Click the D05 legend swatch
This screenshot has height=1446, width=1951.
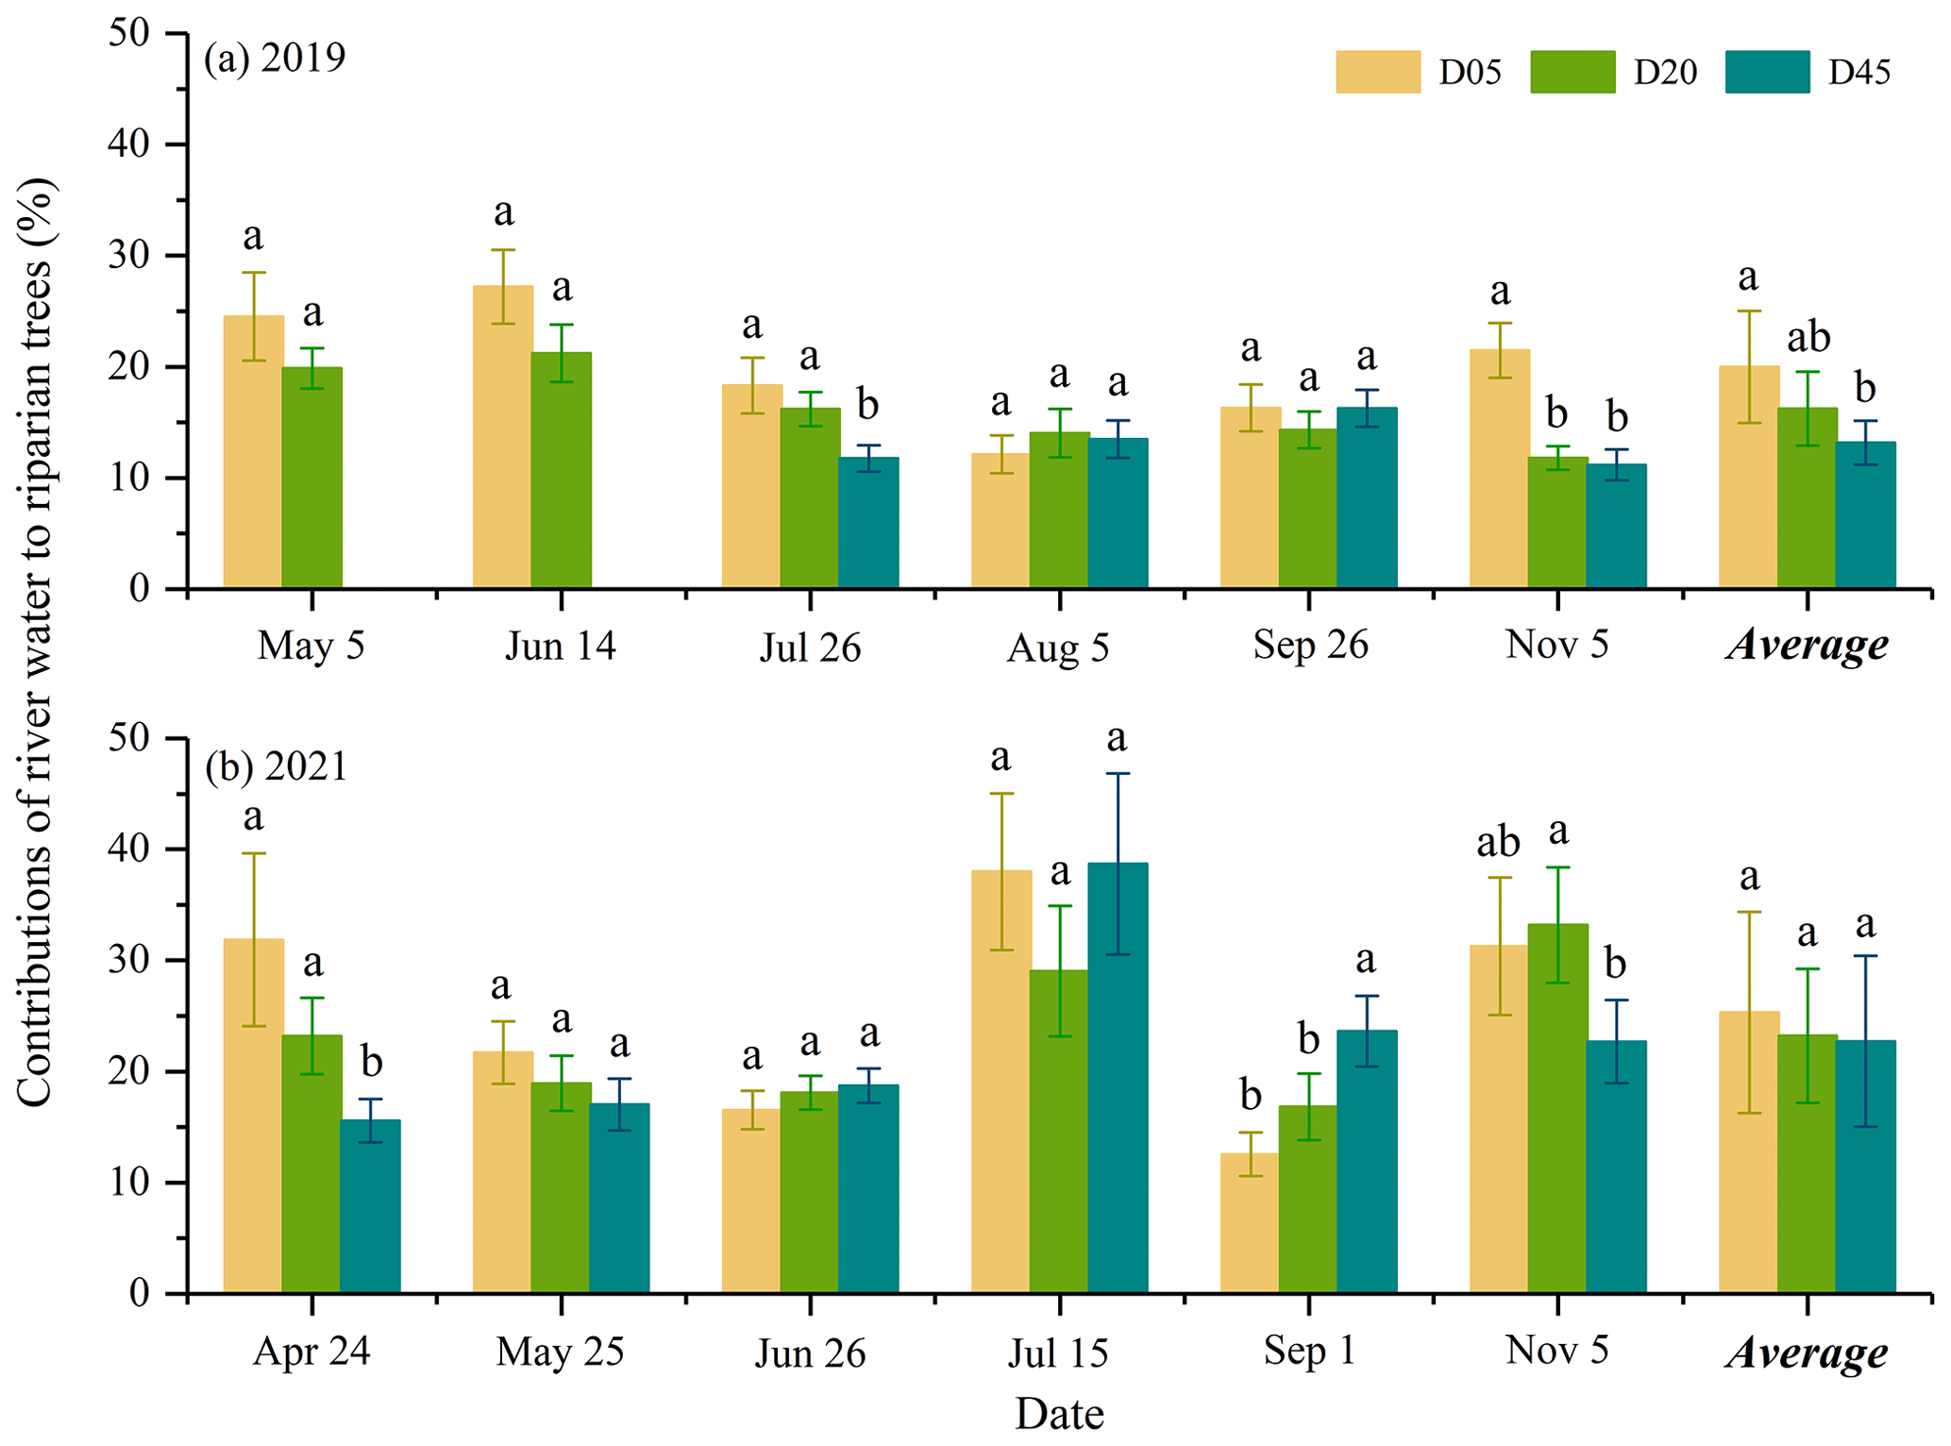tap(1377, 72)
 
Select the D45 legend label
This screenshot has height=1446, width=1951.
tap(1858, 73)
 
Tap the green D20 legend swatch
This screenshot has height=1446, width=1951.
tap(1572, 72)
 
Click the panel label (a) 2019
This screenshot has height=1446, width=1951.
tap(275, 59)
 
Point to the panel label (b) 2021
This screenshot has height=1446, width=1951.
tap(277, 765)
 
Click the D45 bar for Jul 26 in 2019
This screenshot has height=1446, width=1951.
tap(868, 523)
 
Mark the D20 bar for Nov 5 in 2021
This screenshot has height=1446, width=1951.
tap(1557, 1108)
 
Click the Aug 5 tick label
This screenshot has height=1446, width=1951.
tap(1058, 647)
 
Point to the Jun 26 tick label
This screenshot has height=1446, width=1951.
tap(810, 1354)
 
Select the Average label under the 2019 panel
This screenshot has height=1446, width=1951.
tap(1807, 646)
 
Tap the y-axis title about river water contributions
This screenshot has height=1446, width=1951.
tap(35, 642)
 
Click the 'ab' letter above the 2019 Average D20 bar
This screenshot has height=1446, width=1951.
tap(1808, 337)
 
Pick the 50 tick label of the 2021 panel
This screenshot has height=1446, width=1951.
tap(129, 738)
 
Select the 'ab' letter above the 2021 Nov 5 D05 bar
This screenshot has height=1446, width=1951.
tap(1498, 842)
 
